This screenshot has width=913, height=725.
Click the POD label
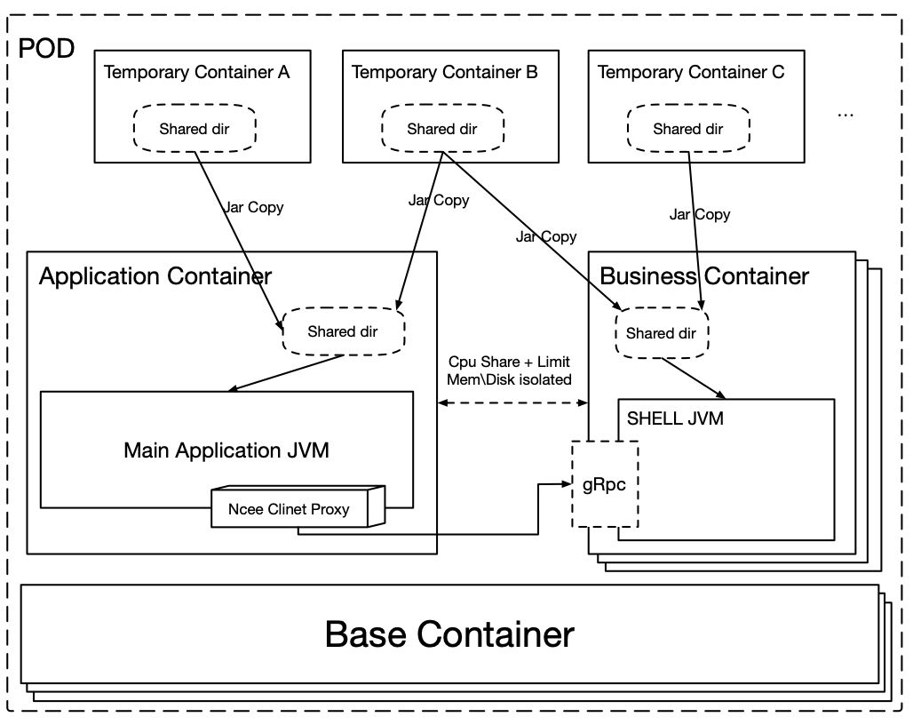click(x=47, y=48)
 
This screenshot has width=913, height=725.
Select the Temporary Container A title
click(x=196, y=72)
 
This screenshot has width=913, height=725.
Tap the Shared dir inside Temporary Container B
click(x=442, y=129)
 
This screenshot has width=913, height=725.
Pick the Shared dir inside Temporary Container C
click(x=688, y=129)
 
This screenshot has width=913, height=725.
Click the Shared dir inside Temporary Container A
click(x=195, y=129)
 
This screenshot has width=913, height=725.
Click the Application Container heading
click(x=155, y=275)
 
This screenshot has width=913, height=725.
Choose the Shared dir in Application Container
click(x=342, y=331)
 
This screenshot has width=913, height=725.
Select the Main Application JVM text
click(x=226, y=450)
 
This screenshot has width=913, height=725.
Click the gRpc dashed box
click(x=605, y=485)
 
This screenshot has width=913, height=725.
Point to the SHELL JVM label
click(x=675, y=418)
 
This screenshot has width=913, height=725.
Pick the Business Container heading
click(x=704, y=275)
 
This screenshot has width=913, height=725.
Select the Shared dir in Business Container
click(x=661, y=334)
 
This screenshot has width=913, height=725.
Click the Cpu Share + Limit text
click(x=509, y=362)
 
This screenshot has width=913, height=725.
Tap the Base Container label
click(x=449, y=634)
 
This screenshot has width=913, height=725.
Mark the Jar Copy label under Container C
click(x=700, y=214)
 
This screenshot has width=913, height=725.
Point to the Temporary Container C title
click(x=691, y=72)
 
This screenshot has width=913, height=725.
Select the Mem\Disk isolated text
click(x=509, y=379)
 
